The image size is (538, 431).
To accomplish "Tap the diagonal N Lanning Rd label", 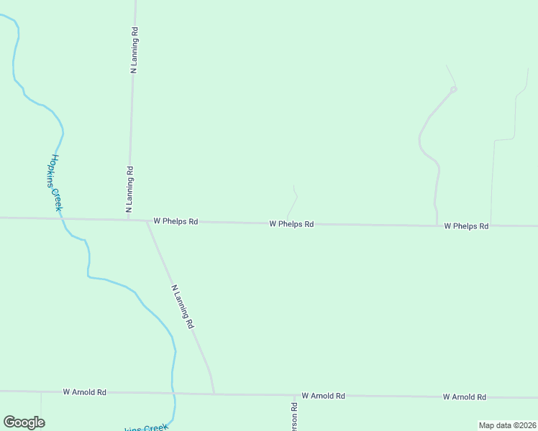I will tap(183, 307).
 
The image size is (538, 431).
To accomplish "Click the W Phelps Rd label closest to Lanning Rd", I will tap(175, 222).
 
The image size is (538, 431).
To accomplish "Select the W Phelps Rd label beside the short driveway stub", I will tap(291, 224).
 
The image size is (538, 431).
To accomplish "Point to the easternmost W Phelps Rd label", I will tap(466, 226).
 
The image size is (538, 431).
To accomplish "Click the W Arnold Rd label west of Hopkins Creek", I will tap(84, 392).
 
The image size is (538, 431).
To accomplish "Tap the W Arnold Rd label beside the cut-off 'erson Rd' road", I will tap(323, 396).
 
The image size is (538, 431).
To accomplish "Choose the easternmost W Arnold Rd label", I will tap(464, 397).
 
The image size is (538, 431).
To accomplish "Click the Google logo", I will tap(24, 422).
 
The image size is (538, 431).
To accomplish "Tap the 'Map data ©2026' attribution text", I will tap(507, 425).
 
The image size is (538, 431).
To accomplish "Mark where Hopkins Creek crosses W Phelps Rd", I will tap(63, 218).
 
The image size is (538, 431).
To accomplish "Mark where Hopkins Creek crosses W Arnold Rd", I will tap(173, 393).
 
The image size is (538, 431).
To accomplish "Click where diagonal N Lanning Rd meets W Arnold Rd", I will tap(214, 394).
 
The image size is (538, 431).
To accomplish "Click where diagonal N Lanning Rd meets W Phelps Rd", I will tap(147, 221).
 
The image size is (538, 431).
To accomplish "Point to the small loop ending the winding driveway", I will tap(454, 89).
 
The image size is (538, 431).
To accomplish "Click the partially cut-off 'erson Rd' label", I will tap(294, 416).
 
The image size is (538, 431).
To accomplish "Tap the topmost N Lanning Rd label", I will tap(134, 50).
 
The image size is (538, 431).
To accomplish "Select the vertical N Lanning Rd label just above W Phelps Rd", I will tap(130, 190).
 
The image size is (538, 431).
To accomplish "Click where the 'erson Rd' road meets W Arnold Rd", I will tap(294, 395).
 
